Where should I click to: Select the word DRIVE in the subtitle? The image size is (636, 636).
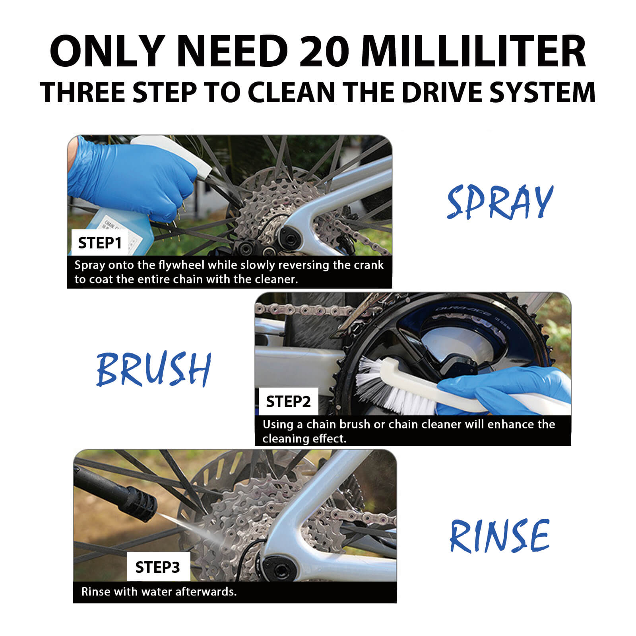pyautogui.click(x=442, y=92)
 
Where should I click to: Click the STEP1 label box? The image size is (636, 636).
pyautogui.click(x=100, y=242)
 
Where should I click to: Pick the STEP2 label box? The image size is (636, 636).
pyautogui.click(x=288, y=401)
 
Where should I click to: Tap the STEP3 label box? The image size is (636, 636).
pyautogui.click(x=158, y=567)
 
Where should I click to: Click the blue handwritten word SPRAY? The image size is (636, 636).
pyautogui.click(x=500, y=202)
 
